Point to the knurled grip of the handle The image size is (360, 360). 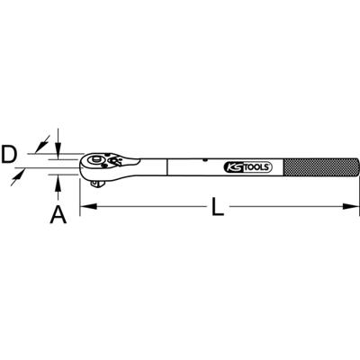pos(315,168)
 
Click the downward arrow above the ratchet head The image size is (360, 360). pos(58,144)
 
